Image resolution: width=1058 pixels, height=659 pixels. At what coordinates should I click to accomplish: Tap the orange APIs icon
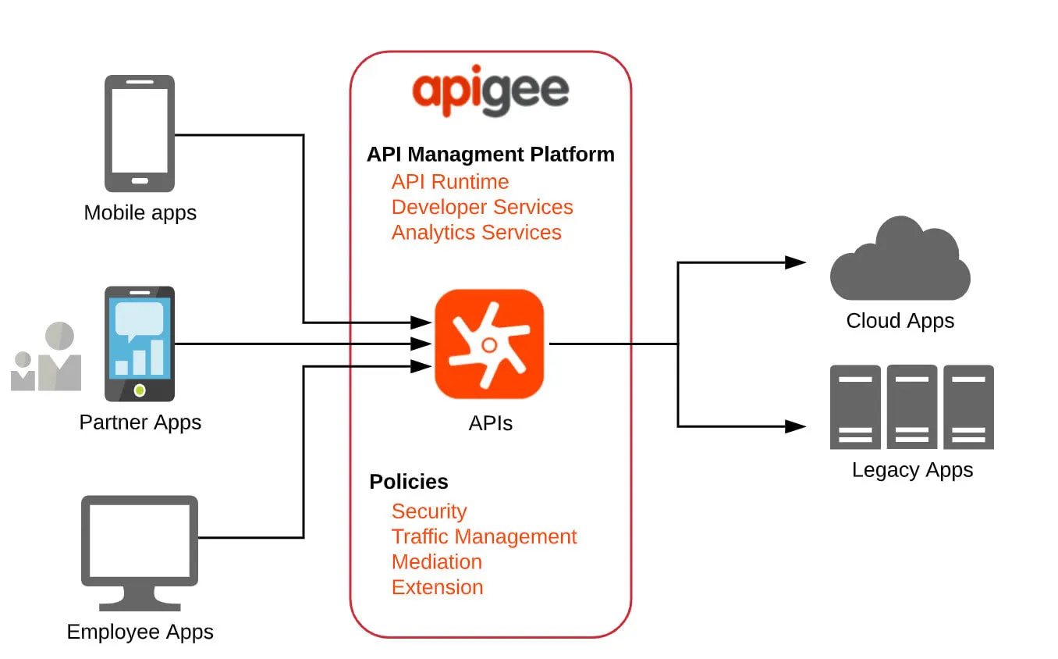point(489,344)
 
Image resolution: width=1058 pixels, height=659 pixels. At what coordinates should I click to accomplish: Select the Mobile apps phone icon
point(140,134)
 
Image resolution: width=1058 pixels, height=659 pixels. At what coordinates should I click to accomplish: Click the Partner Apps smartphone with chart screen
point(140,344)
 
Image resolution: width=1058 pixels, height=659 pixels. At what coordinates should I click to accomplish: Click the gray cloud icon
point(900,261)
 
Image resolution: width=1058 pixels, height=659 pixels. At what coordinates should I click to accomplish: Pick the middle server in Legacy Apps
point(911,407)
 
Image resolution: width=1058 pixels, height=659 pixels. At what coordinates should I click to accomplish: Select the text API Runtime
point(450,182)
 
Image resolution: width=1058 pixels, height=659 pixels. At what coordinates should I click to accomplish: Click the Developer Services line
point(482,207)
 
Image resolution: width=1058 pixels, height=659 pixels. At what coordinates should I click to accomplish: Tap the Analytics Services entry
point(476,233)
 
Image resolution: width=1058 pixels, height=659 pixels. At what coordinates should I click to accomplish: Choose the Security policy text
point(429,511)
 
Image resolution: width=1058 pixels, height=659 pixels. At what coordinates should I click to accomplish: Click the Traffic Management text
point(484,537)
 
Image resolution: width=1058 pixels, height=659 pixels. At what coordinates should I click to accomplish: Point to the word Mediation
point(436,562)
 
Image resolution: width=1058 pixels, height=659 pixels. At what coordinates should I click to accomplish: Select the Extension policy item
point(437,587)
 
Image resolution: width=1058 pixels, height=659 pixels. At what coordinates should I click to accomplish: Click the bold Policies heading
point(409,482)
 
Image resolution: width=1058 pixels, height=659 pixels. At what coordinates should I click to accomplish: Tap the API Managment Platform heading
point(490,155)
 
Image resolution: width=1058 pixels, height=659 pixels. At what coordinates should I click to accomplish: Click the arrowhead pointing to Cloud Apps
point(795,262)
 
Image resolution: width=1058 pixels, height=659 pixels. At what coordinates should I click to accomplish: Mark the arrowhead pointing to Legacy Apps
point(795,426)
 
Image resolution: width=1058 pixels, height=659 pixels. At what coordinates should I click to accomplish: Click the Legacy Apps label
point(912,470)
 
